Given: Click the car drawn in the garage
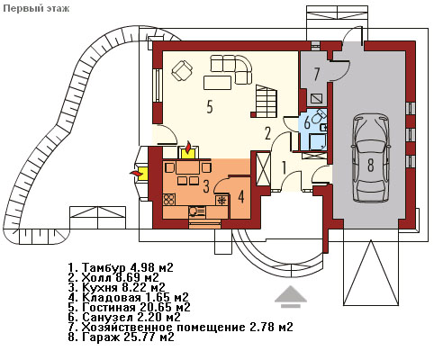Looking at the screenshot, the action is (x=371, y=158).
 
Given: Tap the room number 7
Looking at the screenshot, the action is (x=316, y=74).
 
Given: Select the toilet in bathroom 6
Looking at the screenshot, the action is (x=319, y=116).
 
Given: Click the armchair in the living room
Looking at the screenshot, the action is (x=182, y=70).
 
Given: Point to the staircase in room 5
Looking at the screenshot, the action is (x=264, y=101).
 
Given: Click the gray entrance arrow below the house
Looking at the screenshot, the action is (x=291, y=297).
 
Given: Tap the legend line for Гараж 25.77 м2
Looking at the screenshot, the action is (x=122, y=337).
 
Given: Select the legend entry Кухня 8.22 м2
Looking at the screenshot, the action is (x=117, y=287).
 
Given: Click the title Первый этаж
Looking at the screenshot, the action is (x=36, y=8).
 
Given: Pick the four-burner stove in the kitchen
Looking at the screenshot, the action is (x=169, y=200).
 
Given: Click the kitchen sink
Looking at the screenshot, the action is (x=196, y=211).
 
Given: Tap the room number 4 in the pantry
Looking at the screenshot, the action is (x=240, y=196).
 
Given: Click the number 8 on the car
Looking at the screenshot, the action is (x=371, y=165).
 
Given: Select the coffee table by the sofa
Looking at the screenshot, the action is (x=217, y=83).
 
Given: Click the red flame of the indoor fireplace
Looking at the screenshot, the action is (x=188, y=147).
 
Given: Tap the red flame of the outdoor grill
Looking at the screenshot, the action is (x=136, y=173).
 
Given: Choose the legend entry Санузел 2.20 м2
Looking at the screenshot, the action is (x=124, y=317).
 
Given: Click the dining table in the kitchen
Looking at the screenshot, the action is (x=188, y=167).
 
